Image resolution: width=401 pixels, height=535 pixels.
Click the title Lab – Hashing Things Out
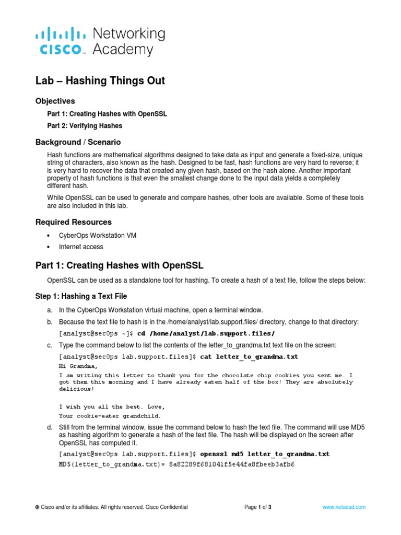100,80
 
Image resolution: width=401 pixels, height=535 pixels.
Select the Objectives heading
55,101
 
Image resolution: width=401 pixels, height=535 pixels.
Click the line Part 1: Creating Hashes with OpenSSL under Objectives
107,114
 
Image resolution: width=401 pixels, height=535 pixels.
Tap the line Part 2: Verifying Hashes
85,126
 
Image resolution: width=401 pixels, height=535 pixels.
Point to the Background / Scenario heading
78,142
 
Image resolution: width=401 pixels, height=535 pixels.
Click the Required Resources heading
73,222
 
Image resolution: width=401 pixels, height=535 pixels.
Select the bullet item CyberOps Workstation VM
98,236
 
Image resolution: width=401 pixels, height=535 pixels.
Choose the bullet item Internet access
81,247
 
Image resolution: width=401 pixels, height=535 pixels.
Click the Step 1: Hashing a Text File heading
81,296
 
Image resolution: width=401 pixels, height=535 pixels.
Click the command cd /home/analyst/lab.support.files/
206,333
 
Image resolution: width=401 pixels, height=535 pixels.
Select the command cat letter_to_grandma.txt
249,357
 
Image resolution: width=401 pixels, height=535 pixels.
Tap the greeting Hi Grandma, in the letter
78,366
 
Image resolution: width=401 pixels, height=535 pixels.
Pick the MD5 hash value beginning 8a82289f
232,464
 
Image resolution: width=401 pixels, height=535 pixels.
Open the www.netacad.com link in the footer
344,507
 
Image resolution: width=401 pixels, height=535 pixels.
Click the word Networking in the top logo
128,34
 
